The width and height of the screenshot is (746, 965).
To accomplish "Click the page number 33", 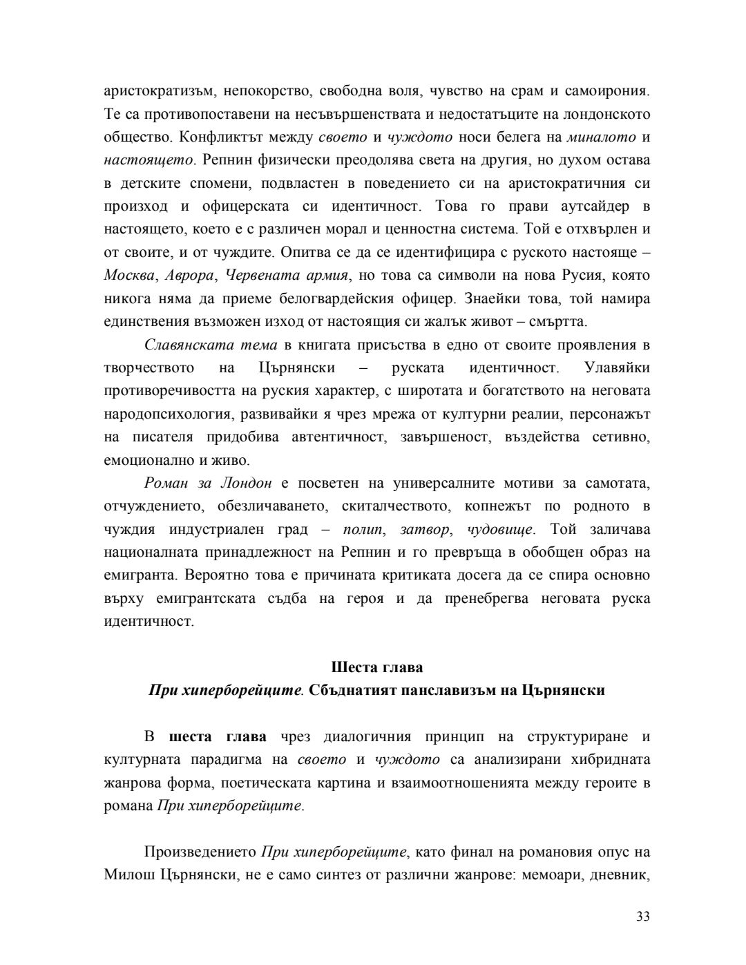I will (642, 917).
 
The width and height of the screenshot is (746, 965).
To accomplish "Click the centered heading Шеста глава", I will (377, 667).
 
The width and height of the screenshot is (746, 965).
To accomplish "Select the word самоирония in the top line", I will (607, 91).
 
